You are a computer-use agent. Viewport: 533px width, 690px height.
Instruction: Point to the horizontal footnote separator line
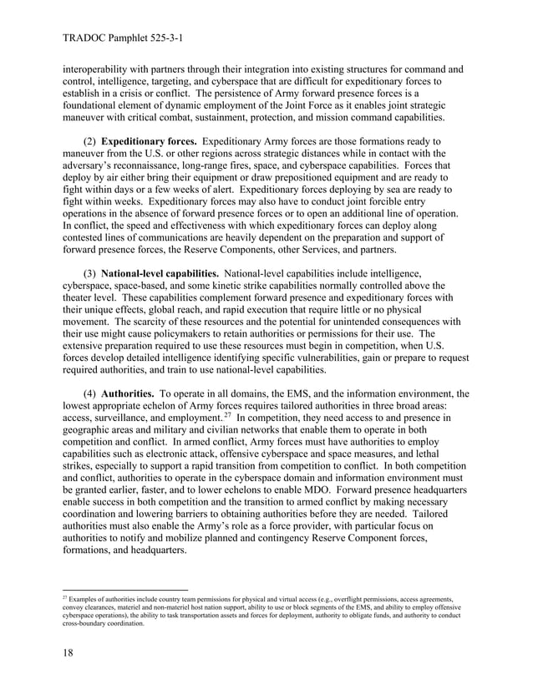point(124,590)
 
